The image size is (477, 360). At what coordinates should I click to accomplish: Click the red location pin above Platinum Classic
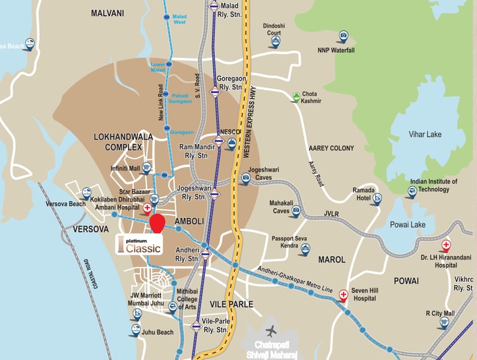coord(157,222)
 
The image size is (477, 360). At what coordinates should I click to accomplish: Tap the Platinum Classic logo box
coord(139,244)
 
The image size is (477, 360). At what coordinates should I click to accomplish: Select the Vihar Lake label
coord(425,134)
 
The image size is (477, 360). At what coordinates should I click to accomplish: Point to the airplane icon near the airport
coord(271,330)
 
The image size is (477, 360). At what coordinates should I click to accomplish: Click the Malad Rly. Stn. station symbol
coord(214,7)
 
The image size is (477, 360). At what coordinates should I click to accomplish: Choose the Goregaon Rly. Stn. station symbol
coord(215,92)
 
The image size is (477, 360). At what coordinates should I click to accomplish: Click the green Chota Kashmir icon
coord(297,97)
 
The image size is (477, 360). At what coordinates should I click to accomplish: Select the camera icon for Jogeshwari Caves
coord(245,179)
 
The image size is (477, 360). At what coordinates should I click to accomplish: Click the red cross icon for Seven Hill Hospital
coord(343,295)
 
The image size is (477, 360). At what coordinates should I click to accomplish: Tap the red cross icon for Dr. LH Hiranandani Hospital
coord(445,246)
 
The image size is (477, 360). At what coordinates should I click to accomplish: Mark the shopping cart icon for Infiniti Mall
coord(147,168)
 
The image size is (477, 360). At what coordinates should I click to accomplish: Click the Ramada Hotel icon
coord(377,199)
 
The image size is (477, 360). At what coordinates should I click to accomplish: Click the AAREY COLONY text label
coord(331,148)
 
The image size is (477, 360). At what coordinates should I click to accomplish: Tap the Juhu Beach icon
coord(135,330)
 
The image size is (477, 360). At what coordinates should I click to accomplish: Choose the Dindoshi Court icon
coord(275,42)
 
